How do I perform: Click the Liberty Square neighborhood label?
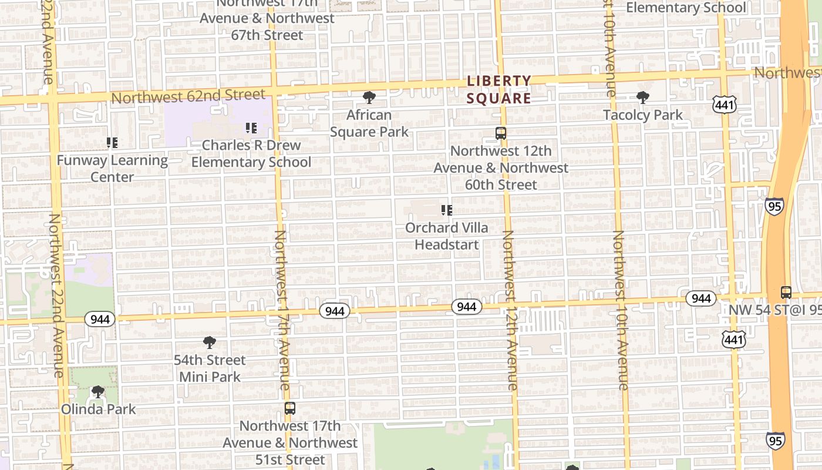tap(499, 89)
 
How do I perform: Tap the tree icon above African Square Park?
tap(369, 98)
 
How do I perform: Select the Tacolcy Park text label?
tap(643, 115)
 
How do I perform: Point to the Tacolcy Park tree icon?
tap(643, 98)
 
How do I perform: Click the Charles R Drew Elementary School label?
tap(251, 153)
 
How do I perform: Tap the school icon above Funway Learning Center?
tap(112, 142)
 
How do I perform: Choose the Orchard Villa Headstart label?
tap(447, 236)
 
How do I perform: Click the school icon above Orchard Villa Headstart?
tap(447, 210)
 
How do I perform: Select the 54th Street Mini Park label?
tap(210, 368)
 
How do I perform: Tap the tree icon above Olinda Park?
tap(98, 392)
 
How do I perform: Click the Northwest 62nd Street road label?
tap(188, 96)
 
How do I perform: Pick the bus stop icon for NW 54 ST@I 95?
tap(786, 292)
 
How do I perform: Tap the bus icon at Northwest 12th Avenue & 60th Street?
tap(501, 133)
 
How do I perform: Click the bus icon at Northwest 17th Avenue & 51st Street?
tap(289, 408)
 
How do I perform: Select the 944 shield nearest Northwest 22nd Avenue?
tap(100, 319)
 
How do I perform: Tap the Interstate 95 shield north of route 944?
tap(774, 206)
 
